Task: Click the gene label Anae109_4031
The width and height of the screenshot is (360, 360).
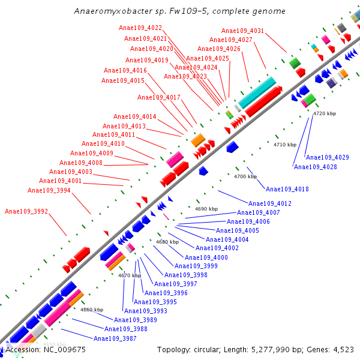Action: tap(242, 31)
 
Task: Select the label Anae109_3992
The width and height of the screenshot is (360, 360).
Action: tap(26, 211)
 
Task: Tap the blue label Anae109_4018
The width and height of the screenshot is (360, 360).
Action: tap(287, 189)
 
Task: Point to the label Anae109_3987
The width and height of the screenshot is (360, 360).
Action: tap(115, 338)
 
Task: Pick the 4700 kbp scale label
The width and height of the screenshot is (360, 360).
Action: tap(245, 177)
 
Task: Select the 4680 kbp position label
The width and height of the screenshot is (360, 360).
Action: tap(167, 242)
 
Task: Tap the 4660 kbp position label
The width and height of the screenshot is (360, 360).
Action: tap(92, 310)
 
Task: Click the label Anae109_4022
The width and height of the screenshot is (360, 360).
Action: tap(140, 28)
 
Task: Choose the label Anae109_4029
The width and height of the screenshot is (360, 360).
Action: tap(327, 157)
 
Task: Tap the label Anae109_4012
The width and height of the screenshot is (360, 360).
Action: tap(269, 203)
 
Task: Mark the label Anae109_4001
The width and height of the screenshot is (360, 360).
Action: tap(60, 181)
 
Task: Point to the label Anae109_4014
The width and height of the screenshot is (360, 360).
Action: tap(134, 116)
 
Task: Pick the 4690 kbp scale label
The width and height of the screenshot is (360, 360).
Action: tap(206, 209)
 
